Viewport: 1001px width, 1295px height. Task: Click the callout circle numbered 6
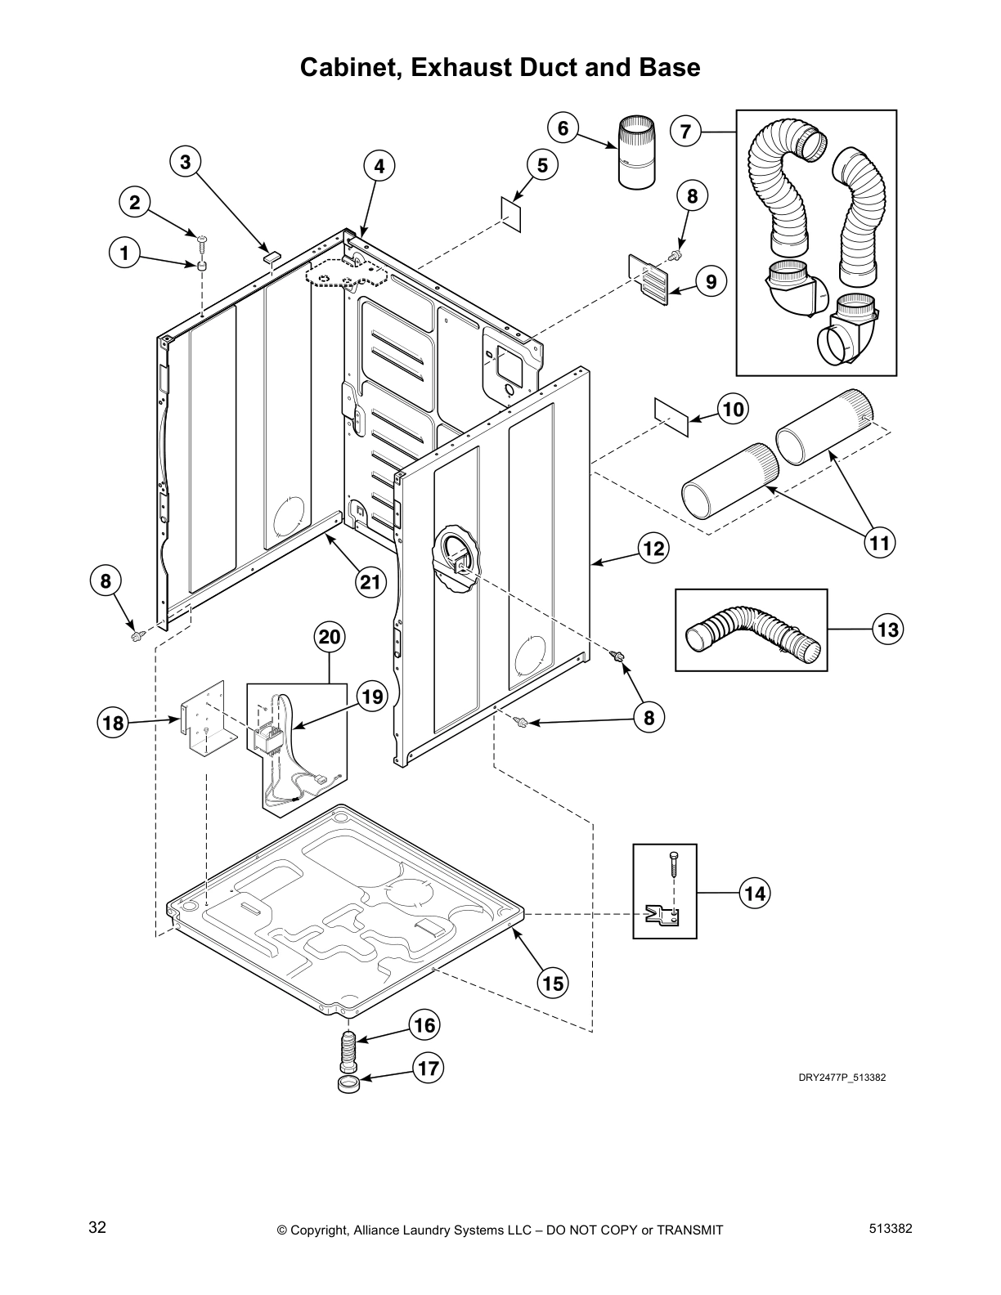(x=563, y=128)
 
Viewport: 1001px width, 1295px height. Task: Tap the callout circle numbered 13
(x=887, y=630)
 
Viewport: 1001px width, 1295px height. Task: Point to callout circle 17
(x=429, y=1068)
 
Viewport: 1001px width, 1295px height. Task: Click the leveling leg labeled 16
(x=348, y=1052)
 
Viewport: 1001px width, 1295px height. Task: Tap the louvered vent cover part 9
(x=648, y=278)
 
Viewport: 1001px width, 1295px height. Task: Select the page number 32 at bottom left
(x=97, y=1228)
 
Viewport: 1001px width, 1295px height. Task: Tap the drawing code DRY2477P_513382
(x=842, y=1078)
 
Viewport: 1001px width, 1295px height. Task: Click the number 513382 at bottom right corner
(x=891, y=1228)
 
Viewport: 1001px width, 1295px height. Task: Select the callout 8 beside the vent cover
(x=692, y=196)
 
